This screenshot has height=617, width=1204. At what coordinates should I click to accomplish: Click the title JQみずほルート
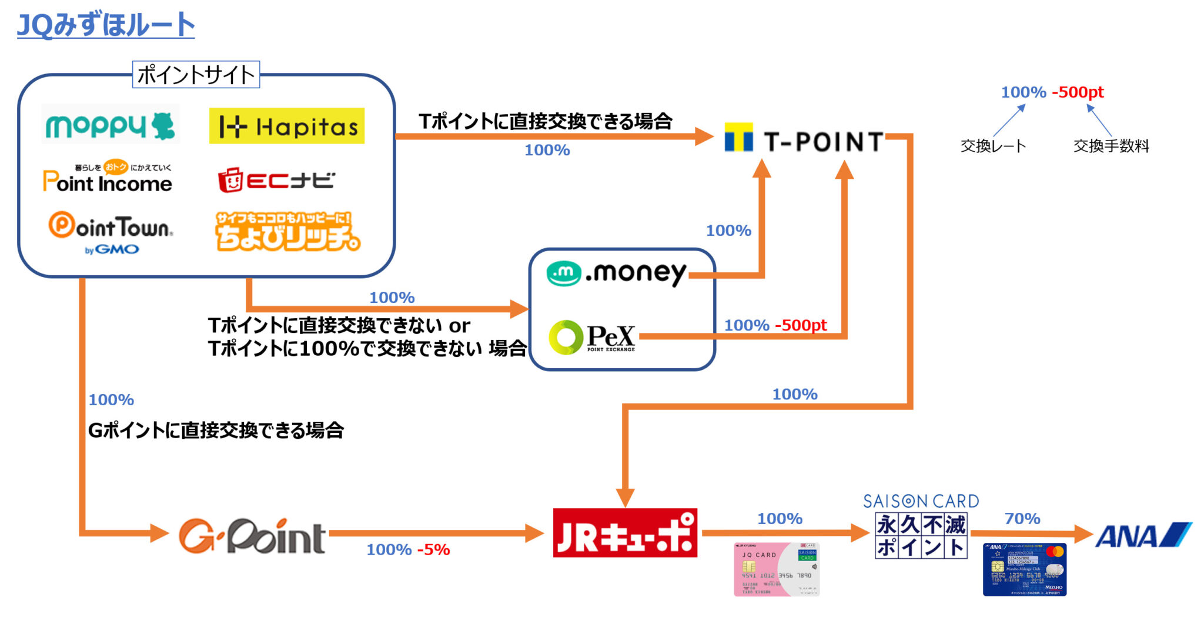click(x=106, y=25)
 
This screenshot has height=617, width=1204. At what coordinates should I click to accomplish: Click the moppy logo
click(x=111, y=125)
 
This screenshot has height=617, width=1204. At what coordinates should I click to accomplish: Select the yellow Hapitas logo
click(x=287, y=126)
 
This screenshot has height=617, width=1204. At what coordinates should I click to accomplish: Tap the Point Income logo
click(x=108, y=178)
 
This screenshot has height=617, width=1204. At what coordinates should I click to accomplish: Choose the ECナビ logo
click(x=276, y=180)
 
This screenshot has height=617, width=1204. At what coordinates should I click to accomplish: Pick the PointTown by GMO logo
click(x=111, y=232)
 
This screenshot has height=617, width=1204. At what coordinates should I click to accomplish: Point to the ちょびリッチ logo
click(x=287, y=232)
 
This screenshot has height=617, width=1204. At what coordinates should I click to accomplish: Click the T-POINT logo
click(x=804, y=141)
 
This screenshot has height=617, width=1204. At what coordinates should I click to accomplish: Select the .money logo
click(x=617, y=273)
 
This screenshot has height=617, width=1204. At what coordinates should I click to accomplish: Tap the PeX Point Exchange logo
click(x=592, y=337)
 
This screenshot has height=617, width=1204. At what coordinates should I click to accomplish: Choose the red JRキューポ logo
click(x=625, y=533)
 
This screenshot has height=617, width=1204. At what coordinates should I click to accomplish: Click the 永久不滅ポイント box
click(x=921, y=535)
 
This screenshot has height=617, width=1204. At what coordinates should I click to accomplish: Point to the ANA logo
click(x=1142, y=535)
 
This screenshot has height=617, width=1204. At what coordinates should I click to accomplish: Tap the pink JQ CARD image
click(x=777, y=569)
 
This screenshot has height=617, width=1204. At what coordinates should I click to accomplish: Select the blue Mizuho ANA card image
click(x=1025, y=569)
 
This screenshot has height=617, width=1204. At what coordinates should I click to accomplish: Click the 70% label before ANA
click(x=1022, y=518)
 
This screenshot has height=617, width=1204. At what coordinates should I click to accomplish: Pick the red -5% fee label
click(x=434, y=549)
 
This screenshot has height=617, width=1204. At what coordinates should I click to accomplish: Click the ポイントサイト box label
click(x=196, y=75)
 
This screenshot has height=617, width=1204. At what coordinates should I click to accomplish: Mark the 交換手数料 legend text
click(x=1111, y=146)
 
